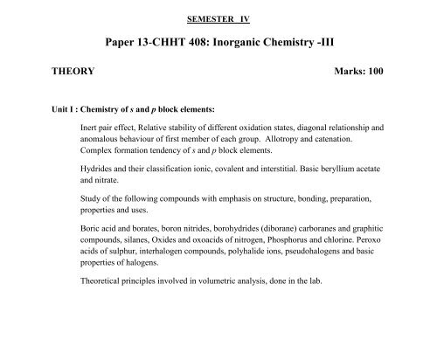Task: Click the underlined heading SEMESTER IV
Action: pos(218,17)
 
